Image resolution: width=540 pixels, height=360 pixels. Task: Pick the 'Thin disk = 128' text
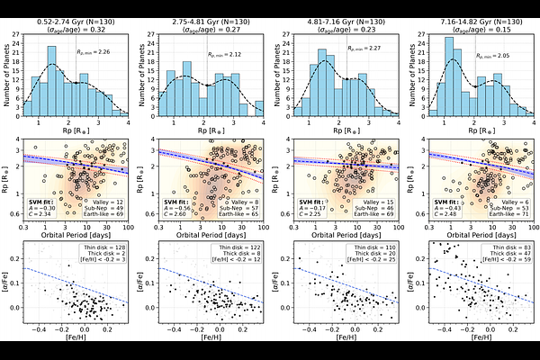[x=99, y=243]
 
